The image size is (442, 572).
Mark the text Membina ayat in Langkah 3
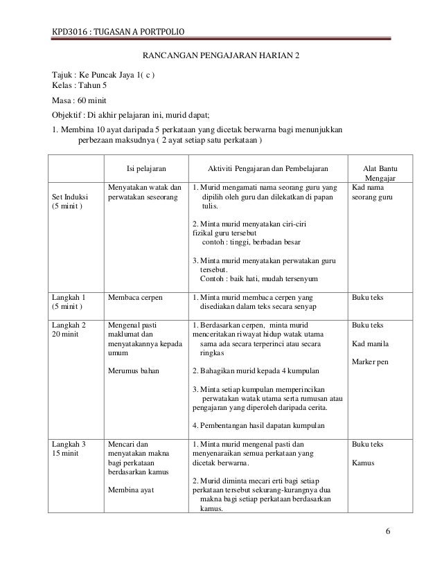[x=130, y=489]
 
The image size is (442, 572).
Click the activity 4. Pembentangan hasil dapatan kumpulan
[x=260, y=425]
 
